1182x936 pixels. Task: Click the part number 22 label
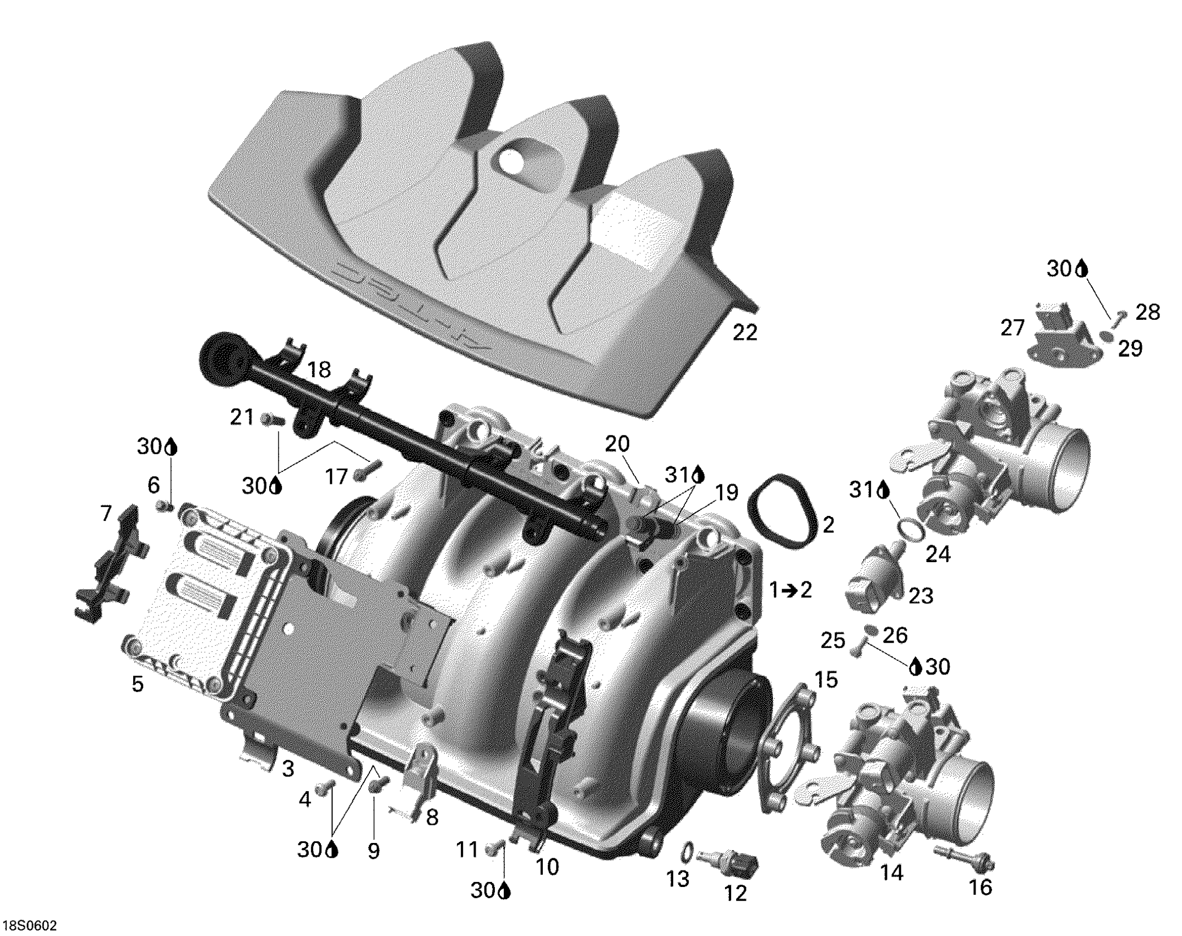pos(745,332)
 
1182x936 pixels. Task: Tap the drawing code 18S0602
pos(30,926)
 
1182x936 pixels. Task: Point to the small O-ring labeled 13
pos(687,853)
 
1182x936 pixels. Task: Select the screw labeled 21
pos(273,421)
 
